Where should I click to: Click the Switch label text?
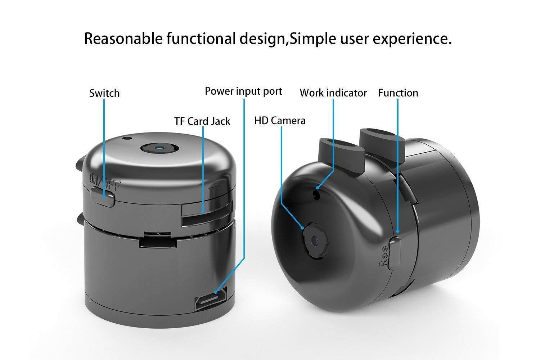tap(104, 93)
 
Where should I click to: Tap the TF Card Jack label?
tap(202, 121)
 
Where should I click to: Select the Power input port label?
tap(243, 91)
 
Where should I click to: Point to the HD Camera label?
tap(280, 121)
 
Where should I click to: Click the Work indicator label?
tap(333, 93)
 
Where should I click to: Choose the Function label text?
tap(398, 93)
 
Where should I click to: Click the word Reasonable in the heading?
tap(123, 39)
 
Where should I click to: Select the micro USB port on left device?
tap(211, 298)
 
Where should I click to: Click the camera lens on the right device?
tap(315, 240)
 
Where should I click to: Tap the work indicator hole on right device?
tap(316, 194)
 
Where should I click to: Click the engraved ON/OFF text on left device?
tap(104, 183)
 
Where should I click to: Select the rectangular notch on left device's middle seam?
tap(158, 240)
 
